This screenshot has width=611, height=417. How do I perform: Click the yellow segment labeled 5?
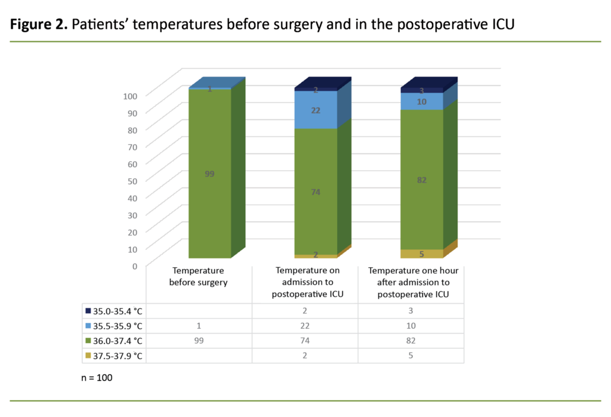tap(422, 254)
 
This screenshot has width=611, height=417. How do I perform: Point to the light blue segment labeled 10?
tap(422, 101)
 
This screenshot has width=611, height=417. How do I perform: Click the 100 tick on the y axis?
tap(131, 95)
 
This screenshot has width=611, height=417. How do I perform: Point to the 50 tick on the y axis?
tap(132, 180)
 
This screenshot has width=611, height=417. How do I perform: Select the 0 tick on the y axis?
tap(135, 265)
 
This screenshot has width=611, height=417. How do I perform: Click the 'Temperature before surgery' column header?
tap(198, 277)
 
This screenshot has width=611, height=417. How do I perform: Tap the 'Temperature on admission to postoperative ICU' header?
tap(304, 282)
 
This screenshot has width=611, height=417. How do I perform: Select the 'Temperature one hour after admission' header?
tap(411, 282)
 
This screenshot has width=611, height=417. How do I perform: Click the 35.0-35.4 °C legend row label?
tap(115, 311)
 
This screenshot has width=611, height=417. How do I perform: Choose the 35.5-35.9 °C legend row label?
tap(115, 326)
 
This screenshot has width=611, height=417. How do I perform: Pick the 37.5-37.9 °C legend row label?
tap(115, 356)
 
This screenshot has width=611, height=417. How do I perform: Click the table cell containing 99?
tap(198, 341)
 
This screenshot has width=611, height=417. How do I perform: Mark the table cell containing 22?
tap(304, 326)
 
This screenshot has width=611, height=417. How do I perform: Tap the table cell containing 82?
tap(411, 341)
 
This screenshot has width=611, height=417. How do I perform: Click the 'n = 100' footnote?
tap(97, 378)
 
